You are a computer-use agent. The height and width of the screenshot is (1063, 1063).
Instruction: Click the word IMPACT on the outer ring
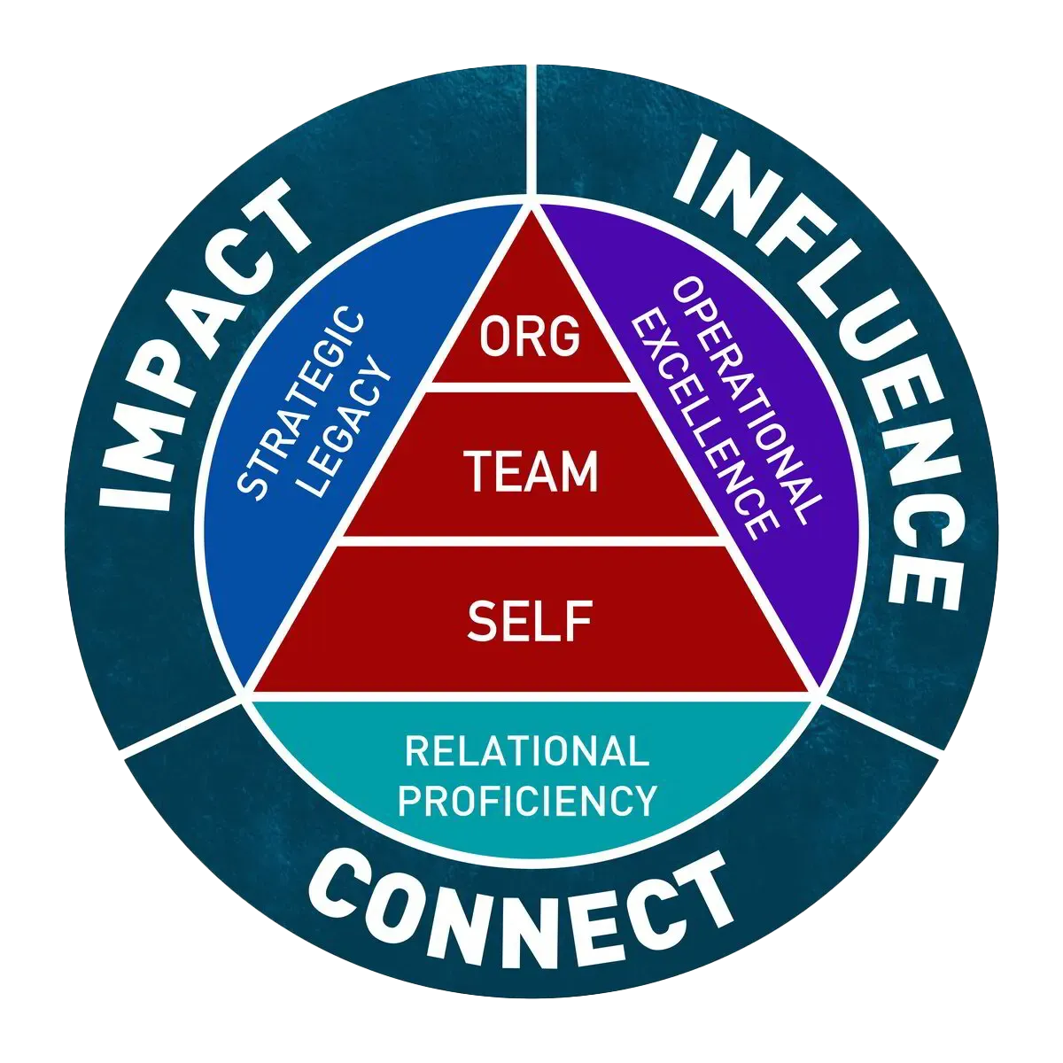click(x=199, y=345)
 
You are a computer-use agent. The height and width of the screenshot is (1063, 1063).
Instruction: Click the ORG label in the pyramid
click(x=531, y=337)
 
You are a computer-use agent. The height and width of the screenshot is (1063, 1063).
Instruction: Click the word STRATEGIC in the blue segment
click(x=301, y=403)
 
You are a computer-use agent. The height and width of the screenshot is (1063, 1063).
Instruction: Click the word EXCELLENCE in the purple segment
click(x=704, y=425)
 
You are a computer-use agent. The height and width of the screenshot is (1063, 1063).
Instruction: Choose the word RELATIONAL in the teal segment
click(x=527, y=752)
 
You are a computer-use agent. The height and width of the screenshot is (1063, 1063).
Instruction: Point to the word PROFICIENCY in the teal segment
click(x=528, y=800)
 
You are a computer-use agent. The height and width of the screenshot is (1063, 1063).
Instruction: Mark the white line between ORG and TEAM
click(x=531, y=386)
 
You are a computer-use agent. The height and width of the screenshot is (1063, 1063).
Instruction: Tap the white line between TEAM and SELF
click(x=531, y=539)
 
